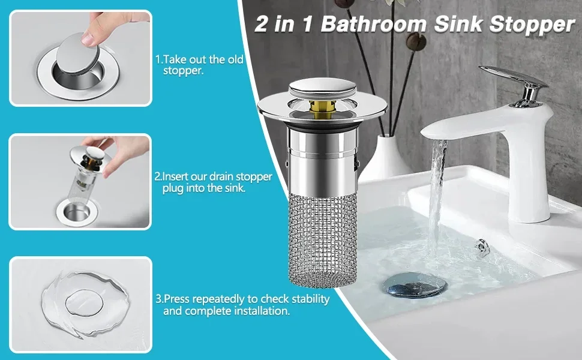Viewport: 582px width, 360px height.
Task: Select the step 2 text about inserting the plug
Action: [x=214, y=182]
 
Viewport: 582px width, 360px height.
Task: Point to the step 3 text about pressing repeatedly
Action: [x=242, y=305]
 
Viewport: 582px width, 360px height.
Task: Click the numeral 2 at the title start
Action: [x=262, y=25]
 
